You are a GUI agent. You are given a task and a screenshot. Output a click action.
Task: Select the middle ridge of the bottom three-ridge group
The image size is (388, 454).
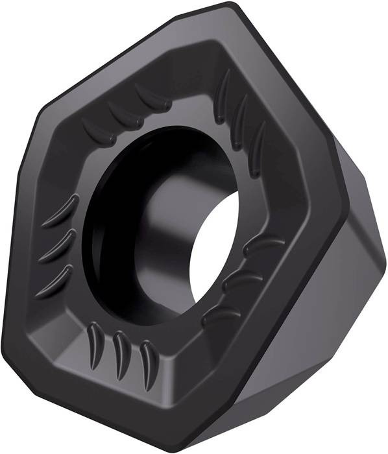[x=118, y=350]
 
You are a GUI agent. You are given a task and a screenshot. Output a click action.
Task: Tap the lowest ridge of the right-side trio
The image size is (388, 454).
[x=215, y=314]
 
